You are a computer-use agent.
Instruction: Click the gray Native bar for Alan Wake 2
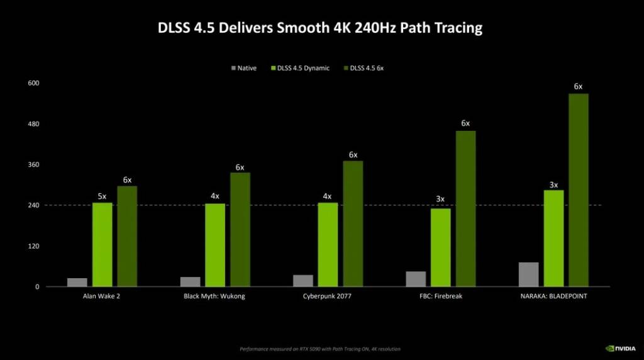pos(77,283)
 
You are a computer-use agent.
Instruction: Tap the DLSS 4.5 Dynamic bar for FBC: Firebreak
pos(440,247)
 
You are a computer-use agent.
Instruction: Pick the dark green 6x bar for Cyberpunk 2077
pos(353,223)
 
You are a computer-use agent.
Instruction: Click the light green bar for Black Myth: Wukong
pos(215,245)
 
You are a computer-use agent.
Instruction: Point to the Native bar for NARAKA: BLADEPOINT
pos(528,274)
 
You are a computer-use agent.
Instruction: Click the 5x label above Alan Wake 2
pos(102,196)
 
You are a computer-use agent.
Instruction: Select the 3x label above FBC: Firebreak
pos(440,200)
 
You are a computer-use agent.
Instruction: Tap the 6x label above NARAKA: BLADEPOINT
pos(578,87)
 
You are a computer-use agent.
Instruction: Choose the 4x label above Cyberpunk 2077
pos(327,196)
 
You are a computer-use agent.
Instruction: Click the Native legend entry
pos(244,68)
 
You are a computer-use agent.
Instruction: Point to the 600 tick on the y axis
pos(33,83)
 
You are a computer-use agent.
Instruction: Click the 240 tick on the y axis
pos(33,205)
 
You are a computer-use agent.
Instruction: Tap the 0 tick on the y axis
pos(37,287)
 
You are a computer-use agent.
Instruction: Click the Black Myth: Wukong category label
pos(214,296)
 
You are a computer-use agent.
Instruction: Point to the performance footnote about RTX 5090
pos(320,349)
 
